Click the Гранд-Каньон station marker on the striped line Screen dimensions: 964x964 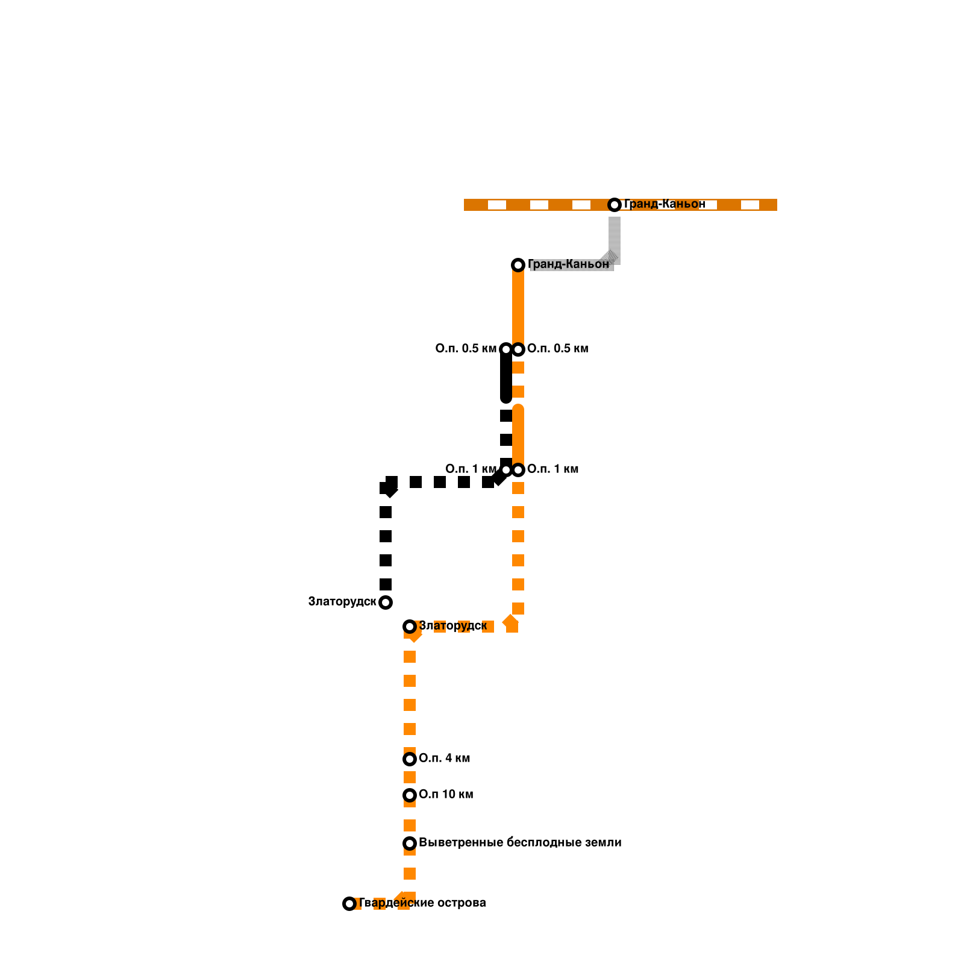615,205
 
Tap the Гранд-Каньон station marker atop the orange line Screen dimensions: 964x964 518,265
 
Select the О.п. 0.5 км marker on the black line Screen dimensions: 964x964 506,349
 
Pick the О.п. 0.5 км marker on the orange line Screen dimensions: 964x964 518,349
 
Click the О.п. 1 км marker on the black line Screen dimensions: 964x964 506,470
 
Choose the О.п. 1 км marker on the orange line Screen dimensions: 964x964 518,470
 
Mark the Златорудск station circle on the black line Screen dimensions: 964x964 386,602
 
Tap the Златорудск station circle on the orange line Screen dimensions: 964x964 410,627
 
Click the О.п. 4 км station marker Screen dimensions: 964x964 410,759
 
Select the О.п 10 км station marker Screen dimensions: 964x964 410,795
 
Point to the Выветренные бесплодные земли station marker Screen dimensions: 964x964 410,843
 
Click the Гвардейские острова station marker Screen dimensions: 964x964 349,904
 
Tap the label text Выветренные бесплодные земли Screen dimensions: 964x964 519,842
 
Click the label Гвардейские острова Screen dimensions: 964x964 422,903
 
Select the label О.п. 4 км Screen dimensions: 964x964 444,758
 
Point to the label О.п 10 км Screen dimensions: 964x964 446,794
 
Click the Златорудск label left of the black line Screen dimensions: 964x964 342,601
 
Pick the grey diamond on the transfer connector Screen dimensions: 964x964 610,257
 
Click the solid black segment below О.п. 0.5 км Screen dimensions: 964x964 506,377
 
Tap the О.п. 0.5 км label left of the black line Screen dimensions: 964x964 465,348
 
